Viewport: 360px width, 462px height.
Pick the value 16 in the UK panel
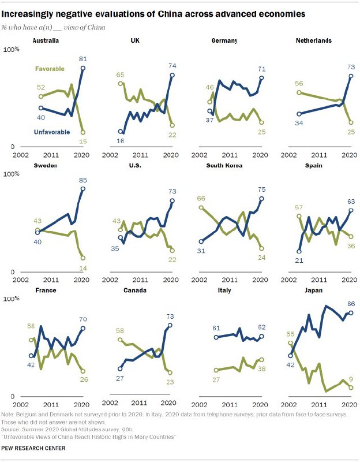[x=121, y=140]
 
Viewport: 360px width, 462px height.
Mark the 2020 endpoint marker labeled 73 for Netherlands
[x=351, y=76]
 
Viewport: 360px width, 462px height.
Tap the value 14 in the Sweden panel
[x=83, y=267]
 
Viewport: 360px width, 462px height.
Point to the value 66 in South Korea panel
[x=201, y=198]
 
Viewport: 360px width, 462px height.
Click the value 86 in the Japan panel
[x=351, y=304]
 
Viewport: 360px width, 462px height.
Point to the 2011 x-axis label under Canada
[x=137, y=403]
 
